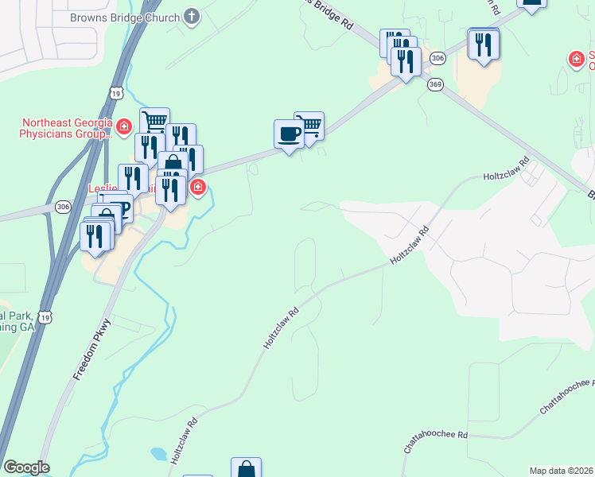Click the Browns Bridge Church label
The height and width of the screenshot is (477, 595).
pos(126,16)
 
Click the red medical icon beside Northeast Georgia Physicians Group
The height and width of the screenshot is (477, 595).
pos(123,127)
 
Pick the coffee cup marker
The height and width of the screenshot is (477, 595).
pos(289,134)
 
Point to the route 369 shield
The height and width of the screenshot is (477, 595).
pos(435,84)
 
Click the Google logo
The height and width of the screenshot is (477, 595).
pos(26,467)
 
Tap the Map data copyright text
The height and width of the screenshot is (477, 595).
pos(561,470)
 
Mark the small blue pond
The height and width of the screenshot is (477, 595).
pos(159,455)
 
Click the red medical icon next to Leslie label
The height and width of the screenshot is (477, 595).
pos(197,188)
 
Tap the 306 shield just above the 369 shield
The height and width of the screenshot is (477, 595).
pos(436,59)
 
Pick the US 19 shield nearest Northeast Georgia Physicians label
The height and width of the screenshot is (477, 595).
pos(117,93)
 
